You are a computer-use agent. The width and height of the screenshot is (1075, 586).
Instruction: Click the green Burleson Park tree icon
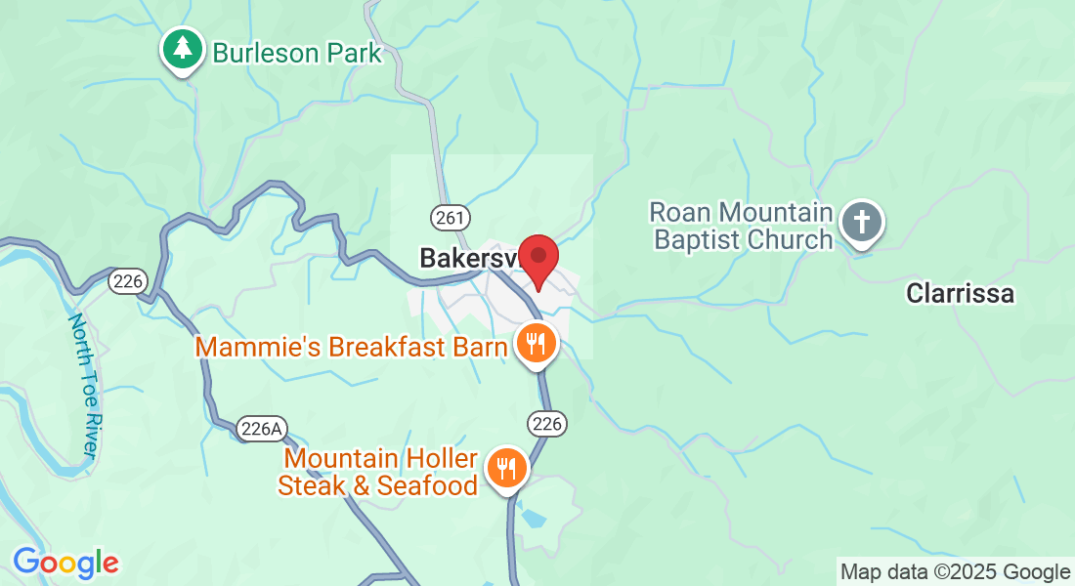[182, 50]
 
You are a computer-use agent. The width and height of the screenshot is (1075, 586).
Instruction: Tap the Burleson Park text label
[297, 52]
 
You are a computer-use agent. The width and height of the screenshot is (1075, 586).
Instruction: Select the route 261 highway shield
[450, 217]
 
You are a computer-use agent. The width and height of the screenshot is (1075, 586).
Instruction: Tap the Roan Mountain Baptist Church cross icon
[862, 222]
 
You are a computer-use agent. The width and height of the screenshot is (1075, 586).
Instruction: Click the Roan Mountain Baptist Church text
[741, 226]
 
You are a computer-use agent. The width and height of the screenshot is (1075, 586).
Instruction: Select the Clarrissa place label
[960, 293]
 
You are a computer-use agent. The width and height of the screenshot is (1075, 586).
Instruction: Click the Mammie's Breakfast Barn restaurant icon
[535, 344]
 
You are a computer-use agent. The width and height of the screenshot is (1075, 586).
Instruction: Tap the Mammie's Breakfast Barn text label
[352, 347]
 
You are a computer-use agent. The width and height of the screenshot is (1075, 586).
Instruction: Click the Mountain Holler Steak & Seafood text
[379, 471]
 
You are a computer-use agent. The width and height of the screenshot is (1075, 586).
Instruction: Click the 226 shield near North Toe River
[128, 281]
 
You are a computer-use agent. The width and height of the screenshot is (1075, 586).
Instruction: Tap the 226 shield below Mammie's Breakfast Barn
[547, 423]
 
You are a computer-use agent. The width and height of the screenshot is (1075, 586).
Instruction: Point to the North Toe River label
[83, 386]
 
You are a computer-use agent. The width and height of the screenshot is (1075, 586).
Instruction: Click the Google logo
[65, 563]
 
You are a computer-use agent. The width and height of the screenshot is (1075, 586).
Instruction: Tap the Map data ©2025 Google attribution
[955, 572]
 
